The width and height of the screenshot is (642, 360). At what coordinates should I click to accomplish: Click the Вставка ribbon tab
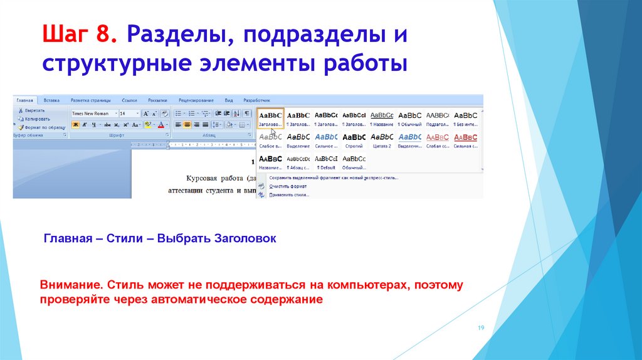(51, 100)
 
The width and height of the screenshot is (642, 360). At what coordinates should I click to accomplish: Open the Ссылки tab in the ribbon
(129, 100)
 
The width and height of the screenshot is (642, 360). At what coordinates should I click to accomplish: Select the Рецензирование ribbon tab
(196, 100)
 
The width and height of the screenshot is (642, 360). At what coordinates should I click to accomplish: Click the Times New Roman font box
(93, 114)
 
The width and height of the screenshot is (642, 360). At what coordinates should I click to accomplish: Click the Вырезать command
(34, 110)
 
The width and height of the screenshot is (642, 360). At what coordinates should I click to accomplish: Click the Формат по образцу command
(40, 126)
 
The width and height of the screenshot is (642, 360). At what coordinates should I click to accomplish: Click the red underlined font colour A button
(161, 125)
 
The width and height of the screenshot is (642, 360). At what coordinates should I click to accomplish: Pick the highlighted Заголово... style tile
(270, 118)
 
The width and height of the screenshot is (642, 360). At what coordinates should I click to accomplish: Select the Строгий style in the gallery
(354, 139)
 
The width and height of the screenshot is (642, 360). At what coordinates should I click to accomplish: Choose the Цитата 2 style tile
(382, 139)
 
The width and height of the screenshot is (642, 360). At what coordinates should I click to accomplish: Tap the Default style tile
(326, 161)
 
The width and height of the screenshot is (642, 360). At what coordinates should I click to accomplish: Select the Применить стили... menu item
(289, 194)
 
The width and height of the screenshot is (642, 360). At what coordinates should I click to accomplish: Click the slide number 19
(481, 328)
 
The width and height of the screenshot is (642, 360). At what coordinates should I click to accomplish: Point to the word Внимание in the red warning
(71, 285)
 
